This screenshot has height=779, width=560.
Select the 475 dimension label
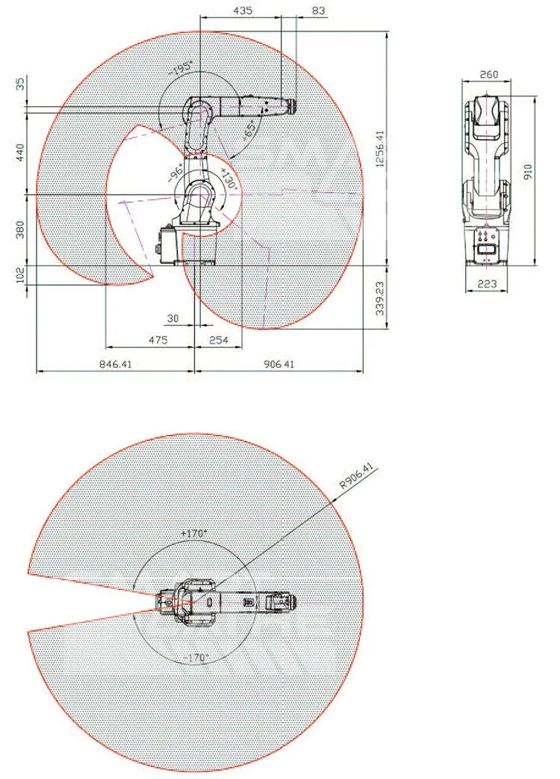[x=157, y=340]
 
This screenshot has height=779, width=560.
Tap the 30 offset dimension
[x=173, y=318]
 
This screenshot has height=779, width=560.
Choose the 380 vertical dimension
[x=20, y=230]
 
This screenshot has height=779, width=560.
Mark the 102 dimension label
[x=20, y=276]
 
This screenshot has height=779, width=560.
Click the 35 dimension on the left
[x=20, y=84]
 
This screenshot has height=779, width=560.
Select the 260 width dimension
[x=489, y=75]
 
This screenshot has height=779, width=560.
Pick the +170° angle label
[x=194, y=534]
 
